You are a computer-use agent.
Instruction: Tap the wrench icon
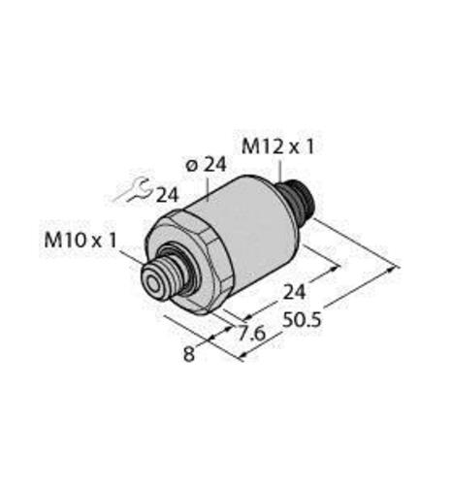click(x=132, y=191)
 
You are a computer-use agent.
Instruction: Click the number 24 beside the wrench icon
click(x=167, y=195)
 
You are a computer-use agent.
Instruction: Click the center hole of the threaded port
click(x=154, y=285)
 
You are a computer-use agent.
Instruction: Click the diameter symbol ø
click(x=189, y=166)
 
